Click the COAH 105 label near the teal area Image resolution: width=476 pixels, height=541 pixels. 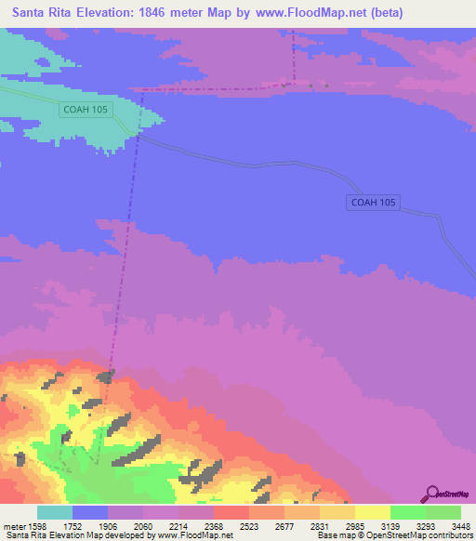(x=86, y=110)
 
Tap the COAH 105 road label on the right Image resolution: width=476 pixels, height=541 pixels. (x=374, y=203)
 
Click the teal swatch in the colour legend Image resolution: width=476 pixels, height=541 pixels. (x=55, y=512)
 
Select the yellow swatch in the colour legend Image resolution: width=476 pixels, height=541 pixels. (x=372, y=512)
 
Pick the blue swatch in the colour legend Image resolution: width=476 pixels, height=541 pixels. (x=90, y=512)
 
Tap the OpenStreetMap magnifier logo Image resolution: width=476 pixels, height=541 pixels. (x=430, y=493)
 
